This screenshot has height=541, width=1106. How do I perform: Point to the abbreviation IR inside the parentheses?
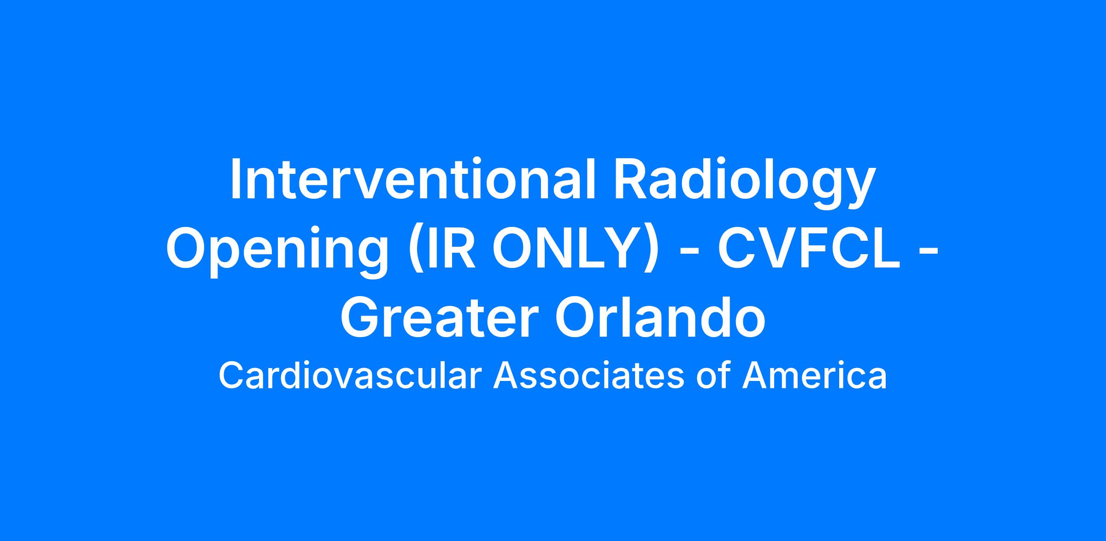coord(449,248)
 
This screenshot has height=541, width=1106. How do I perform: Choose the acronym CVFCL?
coord(808,248)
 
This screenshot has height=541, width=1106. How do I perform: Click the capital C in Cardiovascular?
coord(232,376)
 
